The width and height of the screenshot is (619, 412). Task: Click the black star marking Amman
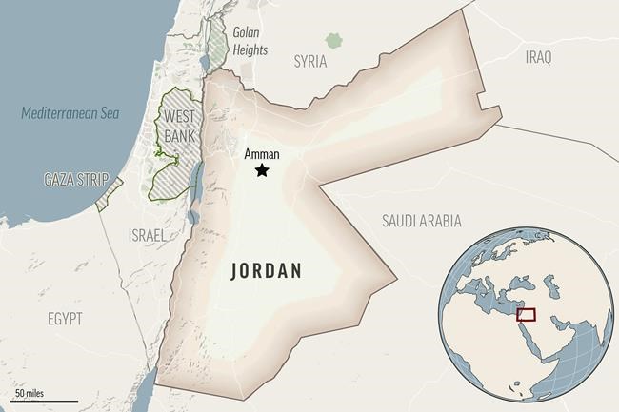coord(261,170)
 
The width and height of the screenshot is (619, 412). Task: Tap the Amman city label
coord(261,152)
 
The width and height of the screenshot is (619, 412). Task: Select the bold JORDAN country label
coord(267,270)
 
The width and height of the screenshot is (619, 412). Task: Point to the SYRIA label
coord(310,61)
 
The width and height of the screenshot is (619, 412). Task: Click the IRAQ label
coord(538,58)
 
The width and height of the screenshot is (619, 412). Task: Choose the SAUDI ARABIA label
coord(422,221)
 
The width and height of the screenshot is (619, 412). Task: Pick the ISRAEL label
coord(147,234)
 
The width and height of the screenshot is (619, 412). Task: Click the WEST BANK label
coord(180,126)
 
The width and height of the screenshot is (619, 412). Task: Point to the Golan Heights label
coord(250,42)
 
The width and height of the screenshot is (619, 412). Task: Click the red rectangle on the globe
coord(525,314)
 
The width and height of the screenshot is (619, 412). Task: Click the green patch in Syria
coord(332,41)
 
